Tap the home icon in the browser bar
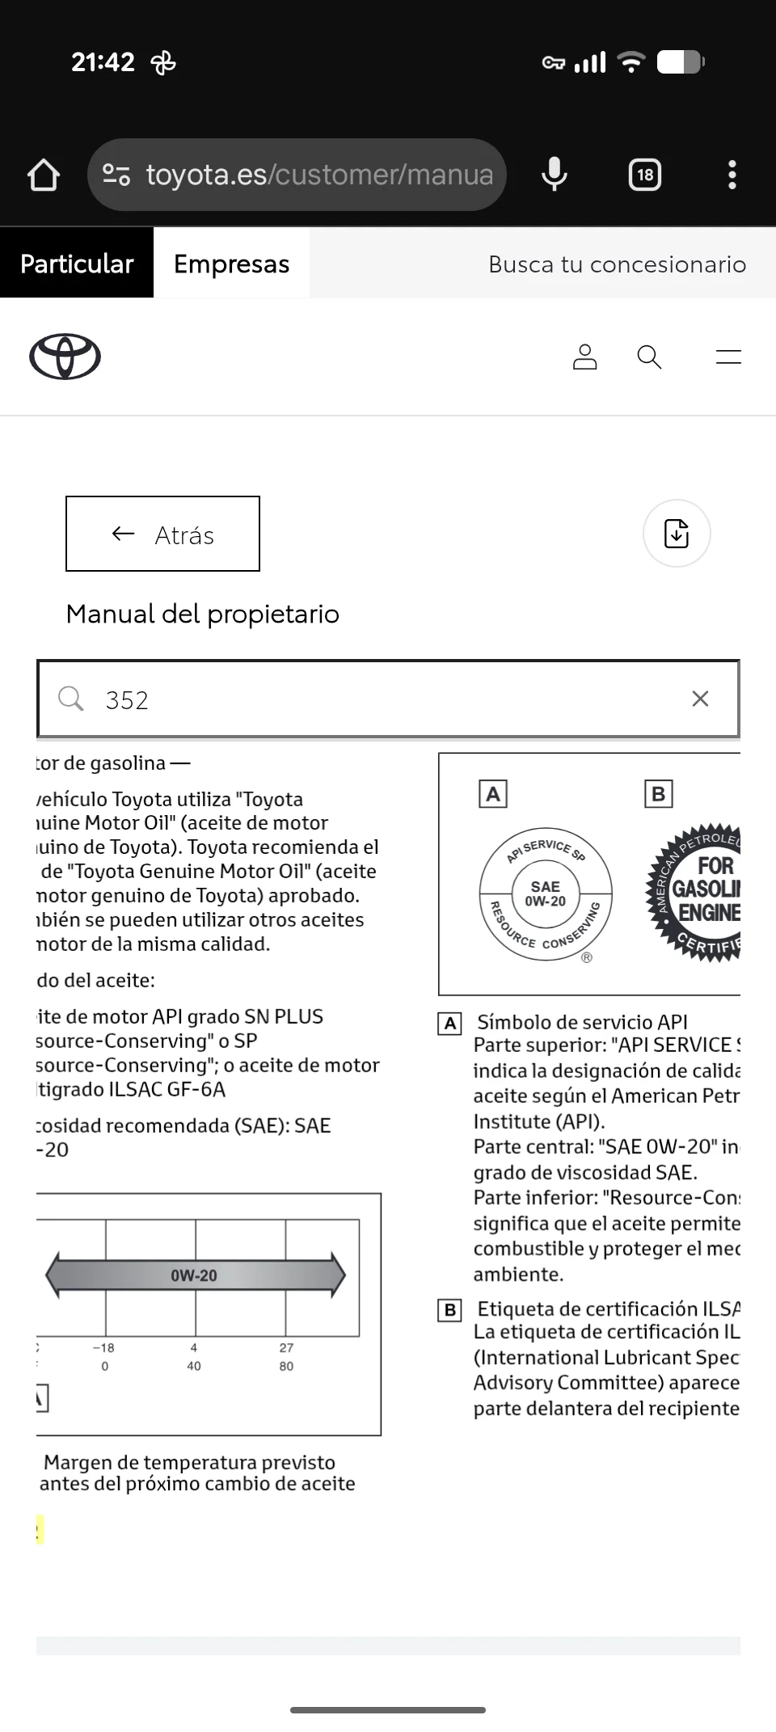click(44, 175)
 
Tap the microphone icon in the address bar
click(555, 174)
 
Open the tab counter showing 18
click(645, 175)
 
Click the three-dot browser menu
click(732, 175)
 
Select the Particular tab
click(77, 264)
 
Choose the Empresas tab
click(231, 264)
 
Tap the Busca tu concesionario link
click(617, 264)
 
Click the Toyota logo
click(65, 357)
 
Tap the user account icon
click(584, 357)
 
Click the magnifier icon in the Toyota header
click(649, 357)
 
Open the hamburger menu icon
click(727, 357)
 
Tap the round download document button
click(677, 534)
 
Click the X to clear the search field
click(700, 699)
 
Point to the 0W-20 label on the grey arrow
click(194, 1275)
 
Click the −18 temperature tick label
click(103, 1348)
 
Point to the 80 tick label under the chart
click(286, 1367)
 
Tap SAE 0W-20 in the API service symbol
click(546, 893)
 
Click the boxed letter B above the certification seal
click(658, 794)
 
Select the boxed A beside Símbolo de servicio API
click(450, 1024)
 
